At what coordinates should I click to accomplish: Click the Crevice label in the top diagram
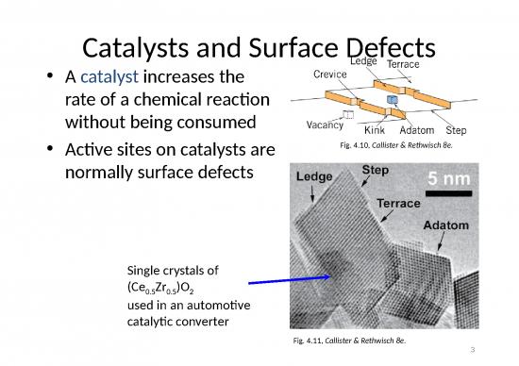328,75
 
